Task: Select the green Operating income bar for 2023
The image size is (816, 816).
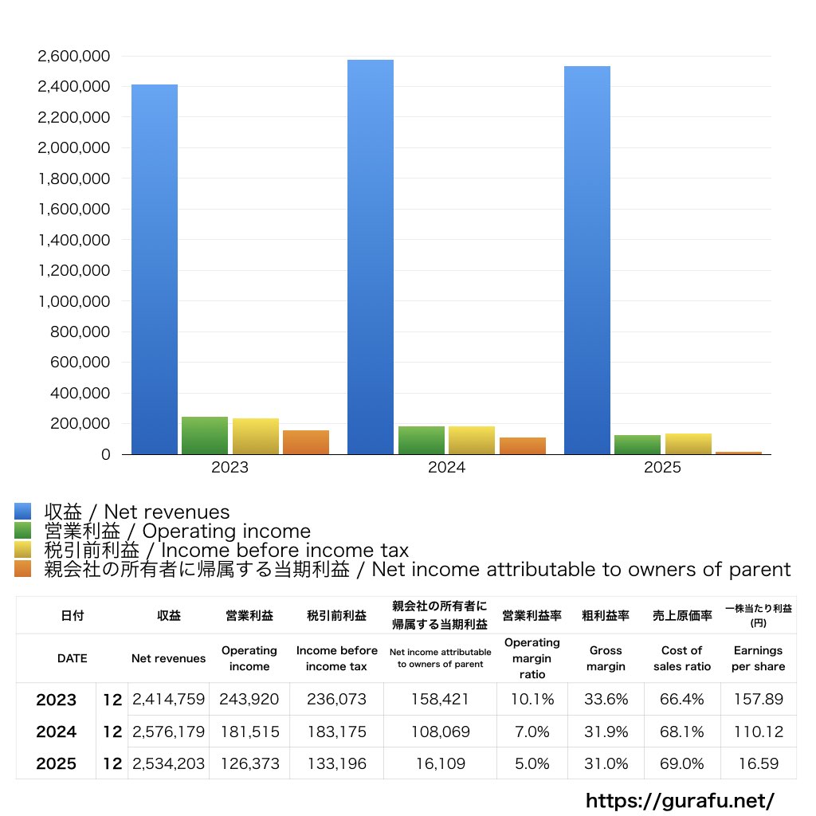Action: pos(205,435)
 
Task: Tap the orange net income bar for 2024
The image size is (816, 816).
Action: pos(523,445)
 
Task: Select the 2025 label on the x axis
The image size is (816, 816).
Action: pos(663,468)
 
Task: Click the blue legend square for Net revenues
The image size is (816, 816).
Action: pos(22,512)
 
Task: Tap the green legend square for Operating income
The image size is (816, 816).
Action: pos(22,531)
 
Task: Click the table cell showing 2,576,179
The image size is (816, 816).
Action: pos(168,732)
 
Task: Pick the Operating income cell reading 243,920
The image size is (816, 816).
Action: pos(249,700)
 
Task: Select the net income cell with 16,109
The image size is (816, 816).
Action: pos(440,763)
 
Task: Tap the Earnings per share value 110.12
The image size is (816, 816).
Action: pos(758,732)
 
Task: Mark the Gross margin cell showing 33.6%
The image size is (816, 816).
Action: pos(606,700)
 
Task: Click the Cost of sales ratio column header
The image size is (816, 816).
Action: pos(681,658)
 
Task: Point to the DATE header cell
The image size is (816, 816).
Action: pos(73,658)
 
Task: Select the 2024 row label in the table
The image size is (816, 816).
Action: pos(57,732)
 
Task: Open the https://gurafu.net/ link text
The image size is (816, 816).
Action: pos(680,800)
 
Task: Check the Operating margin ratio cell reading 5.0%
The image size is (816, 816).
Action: pos(532,763)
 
